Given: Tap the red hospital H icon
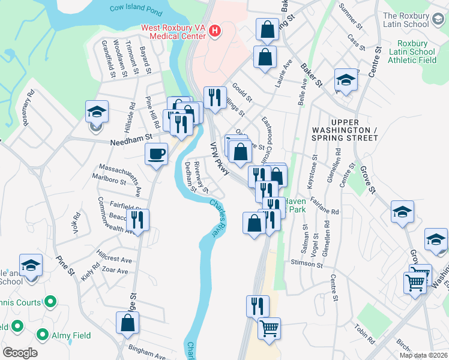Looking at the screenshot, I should coord(214,29).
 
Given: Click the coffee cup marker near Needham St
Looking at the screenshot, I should coord(156,154).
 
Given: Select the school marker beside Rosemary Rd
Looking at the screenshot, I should coord(96,112).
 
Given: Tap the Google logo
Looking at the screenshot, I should coord(19,353).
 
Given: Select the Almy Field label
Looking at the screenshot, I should coord(71,335).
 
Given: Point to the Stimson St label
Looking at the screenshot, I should coord(307,264).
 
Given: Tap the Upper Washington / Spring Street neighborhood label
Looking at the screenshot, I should coord(345,134).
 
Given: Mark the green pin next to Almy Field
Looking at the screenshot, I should coord(43,334).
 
